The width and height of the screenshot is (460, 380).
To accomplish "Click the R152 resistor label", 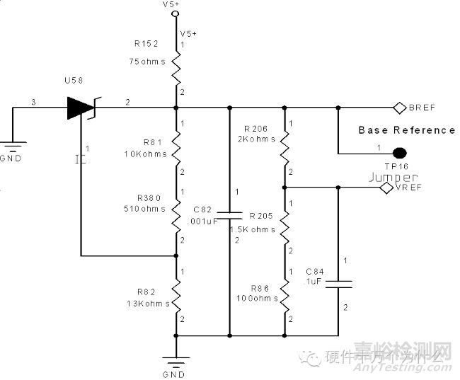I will point(146,43).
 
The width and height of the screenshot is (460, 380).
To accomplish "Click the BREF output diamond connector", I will point(398,108).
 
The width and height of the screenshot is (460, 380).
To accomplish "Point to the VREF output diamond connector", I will point(386,188).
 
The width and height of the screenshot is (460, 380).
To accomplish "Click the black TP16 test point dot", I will point(400,152).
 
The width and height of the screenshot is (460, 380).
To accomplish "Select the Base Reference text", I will point(406,130).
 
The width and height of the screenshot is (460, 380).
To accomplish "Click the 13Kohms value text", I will point(146,304).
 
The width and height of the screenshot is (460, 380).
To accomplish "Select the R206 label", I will point(255,129).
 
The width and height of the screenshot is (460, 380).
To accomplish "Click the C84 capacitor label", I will point(315,271).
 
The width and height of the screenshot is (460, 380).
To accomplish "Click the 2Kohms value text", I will point(255,139).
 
